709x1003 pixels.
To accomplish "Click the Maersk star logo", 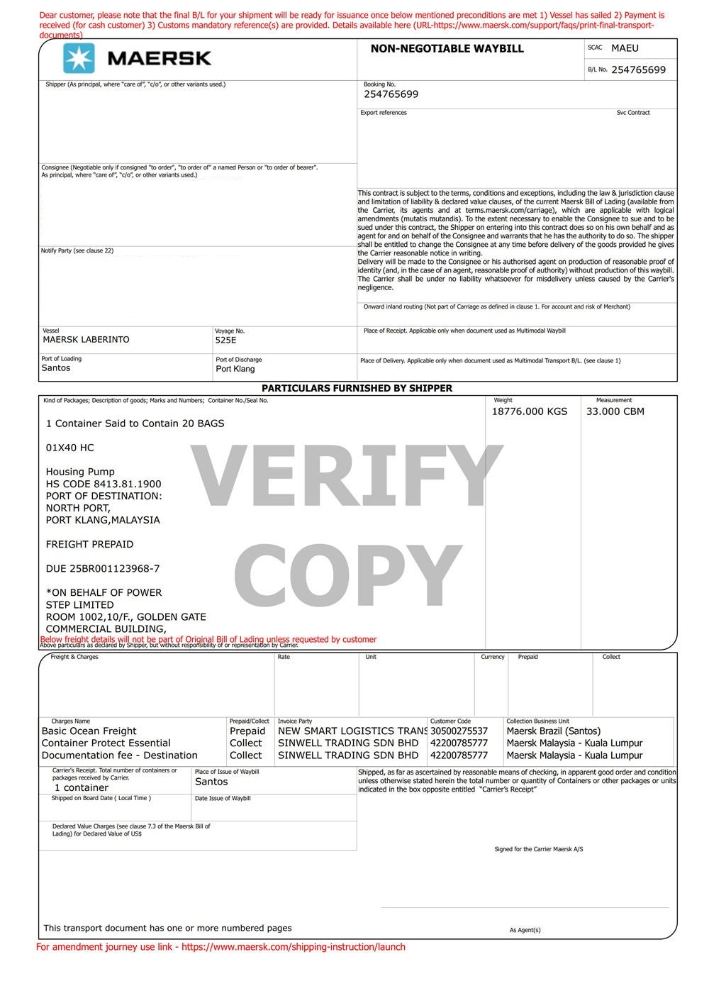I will click(x=79, y=58).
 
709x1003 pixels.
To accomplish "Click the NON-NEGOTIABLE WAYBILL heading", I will click(x=447, y=49).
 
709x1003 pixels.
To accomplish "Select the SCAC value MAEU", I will click(x=625, y=48).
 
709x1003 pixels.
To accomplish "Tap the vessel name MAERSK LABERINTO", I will click(x=86, y=340).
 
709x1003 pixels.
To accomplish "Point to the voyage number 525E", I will click(x=225, y=340).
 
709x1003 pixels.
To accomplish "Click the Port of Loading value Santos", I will click(x=56, y=368).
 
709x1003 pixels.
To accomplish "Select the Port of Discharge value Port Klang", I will click(x=235, y=369).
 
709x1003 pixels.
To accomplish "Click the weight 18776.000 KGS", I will click(x=530, y=411).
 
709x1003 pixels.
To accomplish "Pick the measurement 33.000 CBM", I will click(x=615, y=411).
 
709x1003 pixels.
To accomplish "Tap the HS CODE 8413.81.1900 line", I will click(x=104, y=484).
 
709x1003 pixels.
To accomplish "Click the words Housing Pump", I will click(x=80, y=472).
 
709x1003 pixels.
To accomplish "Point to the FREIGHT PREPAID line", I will click(x=89, y=544).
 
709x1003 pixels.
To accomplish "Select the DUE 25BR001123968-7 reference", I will click(x=103, y=568).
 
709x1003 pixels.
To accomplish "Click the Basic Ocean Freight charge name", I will click(x=89, y=731).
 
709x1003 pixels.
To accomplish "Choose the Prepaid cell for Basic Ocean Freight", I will click(x=247, y=731).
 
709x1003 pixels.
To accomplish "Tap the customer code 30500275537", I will click(x=459, y=731).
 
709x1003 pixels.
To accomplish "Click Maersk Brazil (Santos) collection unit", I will click(x=554, y=731).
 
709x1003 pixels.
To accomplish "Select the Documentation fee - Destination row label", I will click(x=120, y=755).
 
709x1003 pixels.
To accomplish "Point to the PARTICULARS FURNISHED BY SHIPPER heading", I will click(x=357, y=388).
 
